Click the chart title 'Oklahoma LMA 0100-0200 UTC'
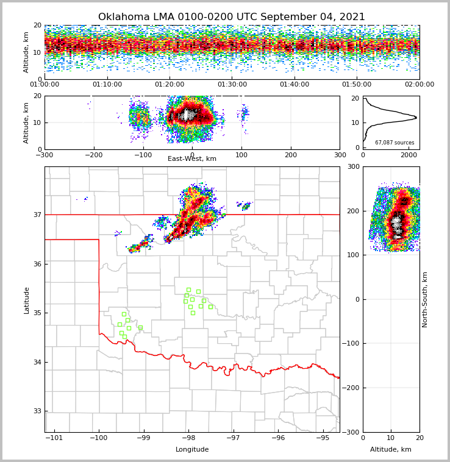[231, 17]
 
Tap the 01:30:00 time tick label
[232, 85]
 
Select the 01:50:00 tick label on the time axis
[357, 85]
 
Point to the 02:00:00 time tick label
[419, 85]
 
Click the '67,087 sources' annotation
[395, 143]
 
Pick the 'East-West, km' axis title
[192, 159]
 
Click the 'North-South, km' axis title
[425, 299]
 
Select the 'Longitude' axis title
[192, 450]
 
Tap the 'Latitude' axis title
[26, 300]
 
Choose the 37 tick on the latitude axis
[37, 215]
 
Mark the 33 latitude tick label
[37, 411]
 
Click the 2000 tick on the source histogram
[409, 155]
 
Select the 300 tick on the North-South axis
[354, 166]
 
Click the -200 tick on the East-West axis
[93, 155]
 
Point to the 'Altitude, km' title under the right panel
[391, 450]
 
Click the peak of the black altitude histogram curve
[416, 117]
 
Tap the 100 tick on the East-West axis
[241, 155]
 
